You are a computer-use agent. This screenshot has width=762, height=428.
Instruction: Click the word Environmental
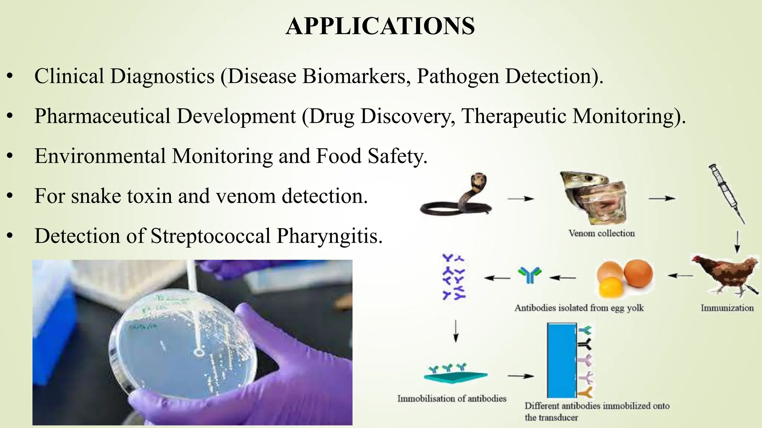100,156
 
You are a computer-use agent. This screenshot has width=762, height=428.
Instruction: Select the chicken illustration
724,275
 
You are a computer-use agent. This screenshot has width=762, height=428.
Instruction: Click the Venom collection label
602,233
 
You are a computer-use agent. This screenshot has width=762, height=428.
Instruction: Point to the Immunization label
727,308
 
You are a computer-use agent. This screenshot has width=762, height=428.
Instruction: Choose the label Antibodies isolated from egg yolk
579,308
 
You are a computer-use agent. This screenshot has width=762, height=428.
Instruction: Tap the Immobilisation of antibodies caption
452,399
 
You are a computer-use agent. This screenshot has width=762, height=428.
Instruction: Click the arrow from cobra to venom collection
521,199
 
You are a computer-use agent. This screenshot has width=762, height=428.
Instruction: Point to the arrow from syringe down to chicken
737,241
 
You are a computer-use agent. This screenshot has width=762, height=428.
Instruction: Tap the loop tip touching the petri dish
199,351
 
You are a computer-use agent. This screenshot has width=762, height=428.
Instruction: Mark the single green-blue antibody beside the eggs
529,275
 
